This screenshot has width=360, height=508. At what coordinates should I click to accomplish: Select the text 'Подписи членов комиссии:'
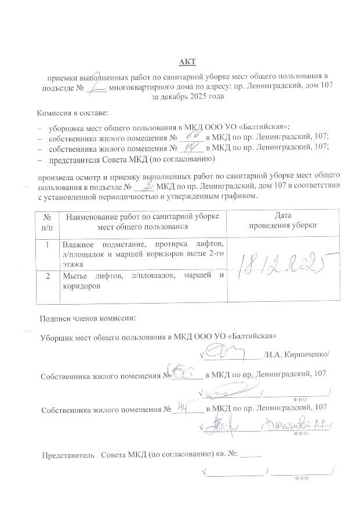(x=88, y=317)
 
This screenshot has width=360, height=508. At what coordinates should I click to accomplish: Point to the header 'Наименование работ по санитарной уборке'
(x=143, y=216)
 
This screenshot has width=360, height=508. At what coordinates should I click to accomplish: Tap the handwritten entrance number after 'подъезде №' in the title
(x=99, y=87)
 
